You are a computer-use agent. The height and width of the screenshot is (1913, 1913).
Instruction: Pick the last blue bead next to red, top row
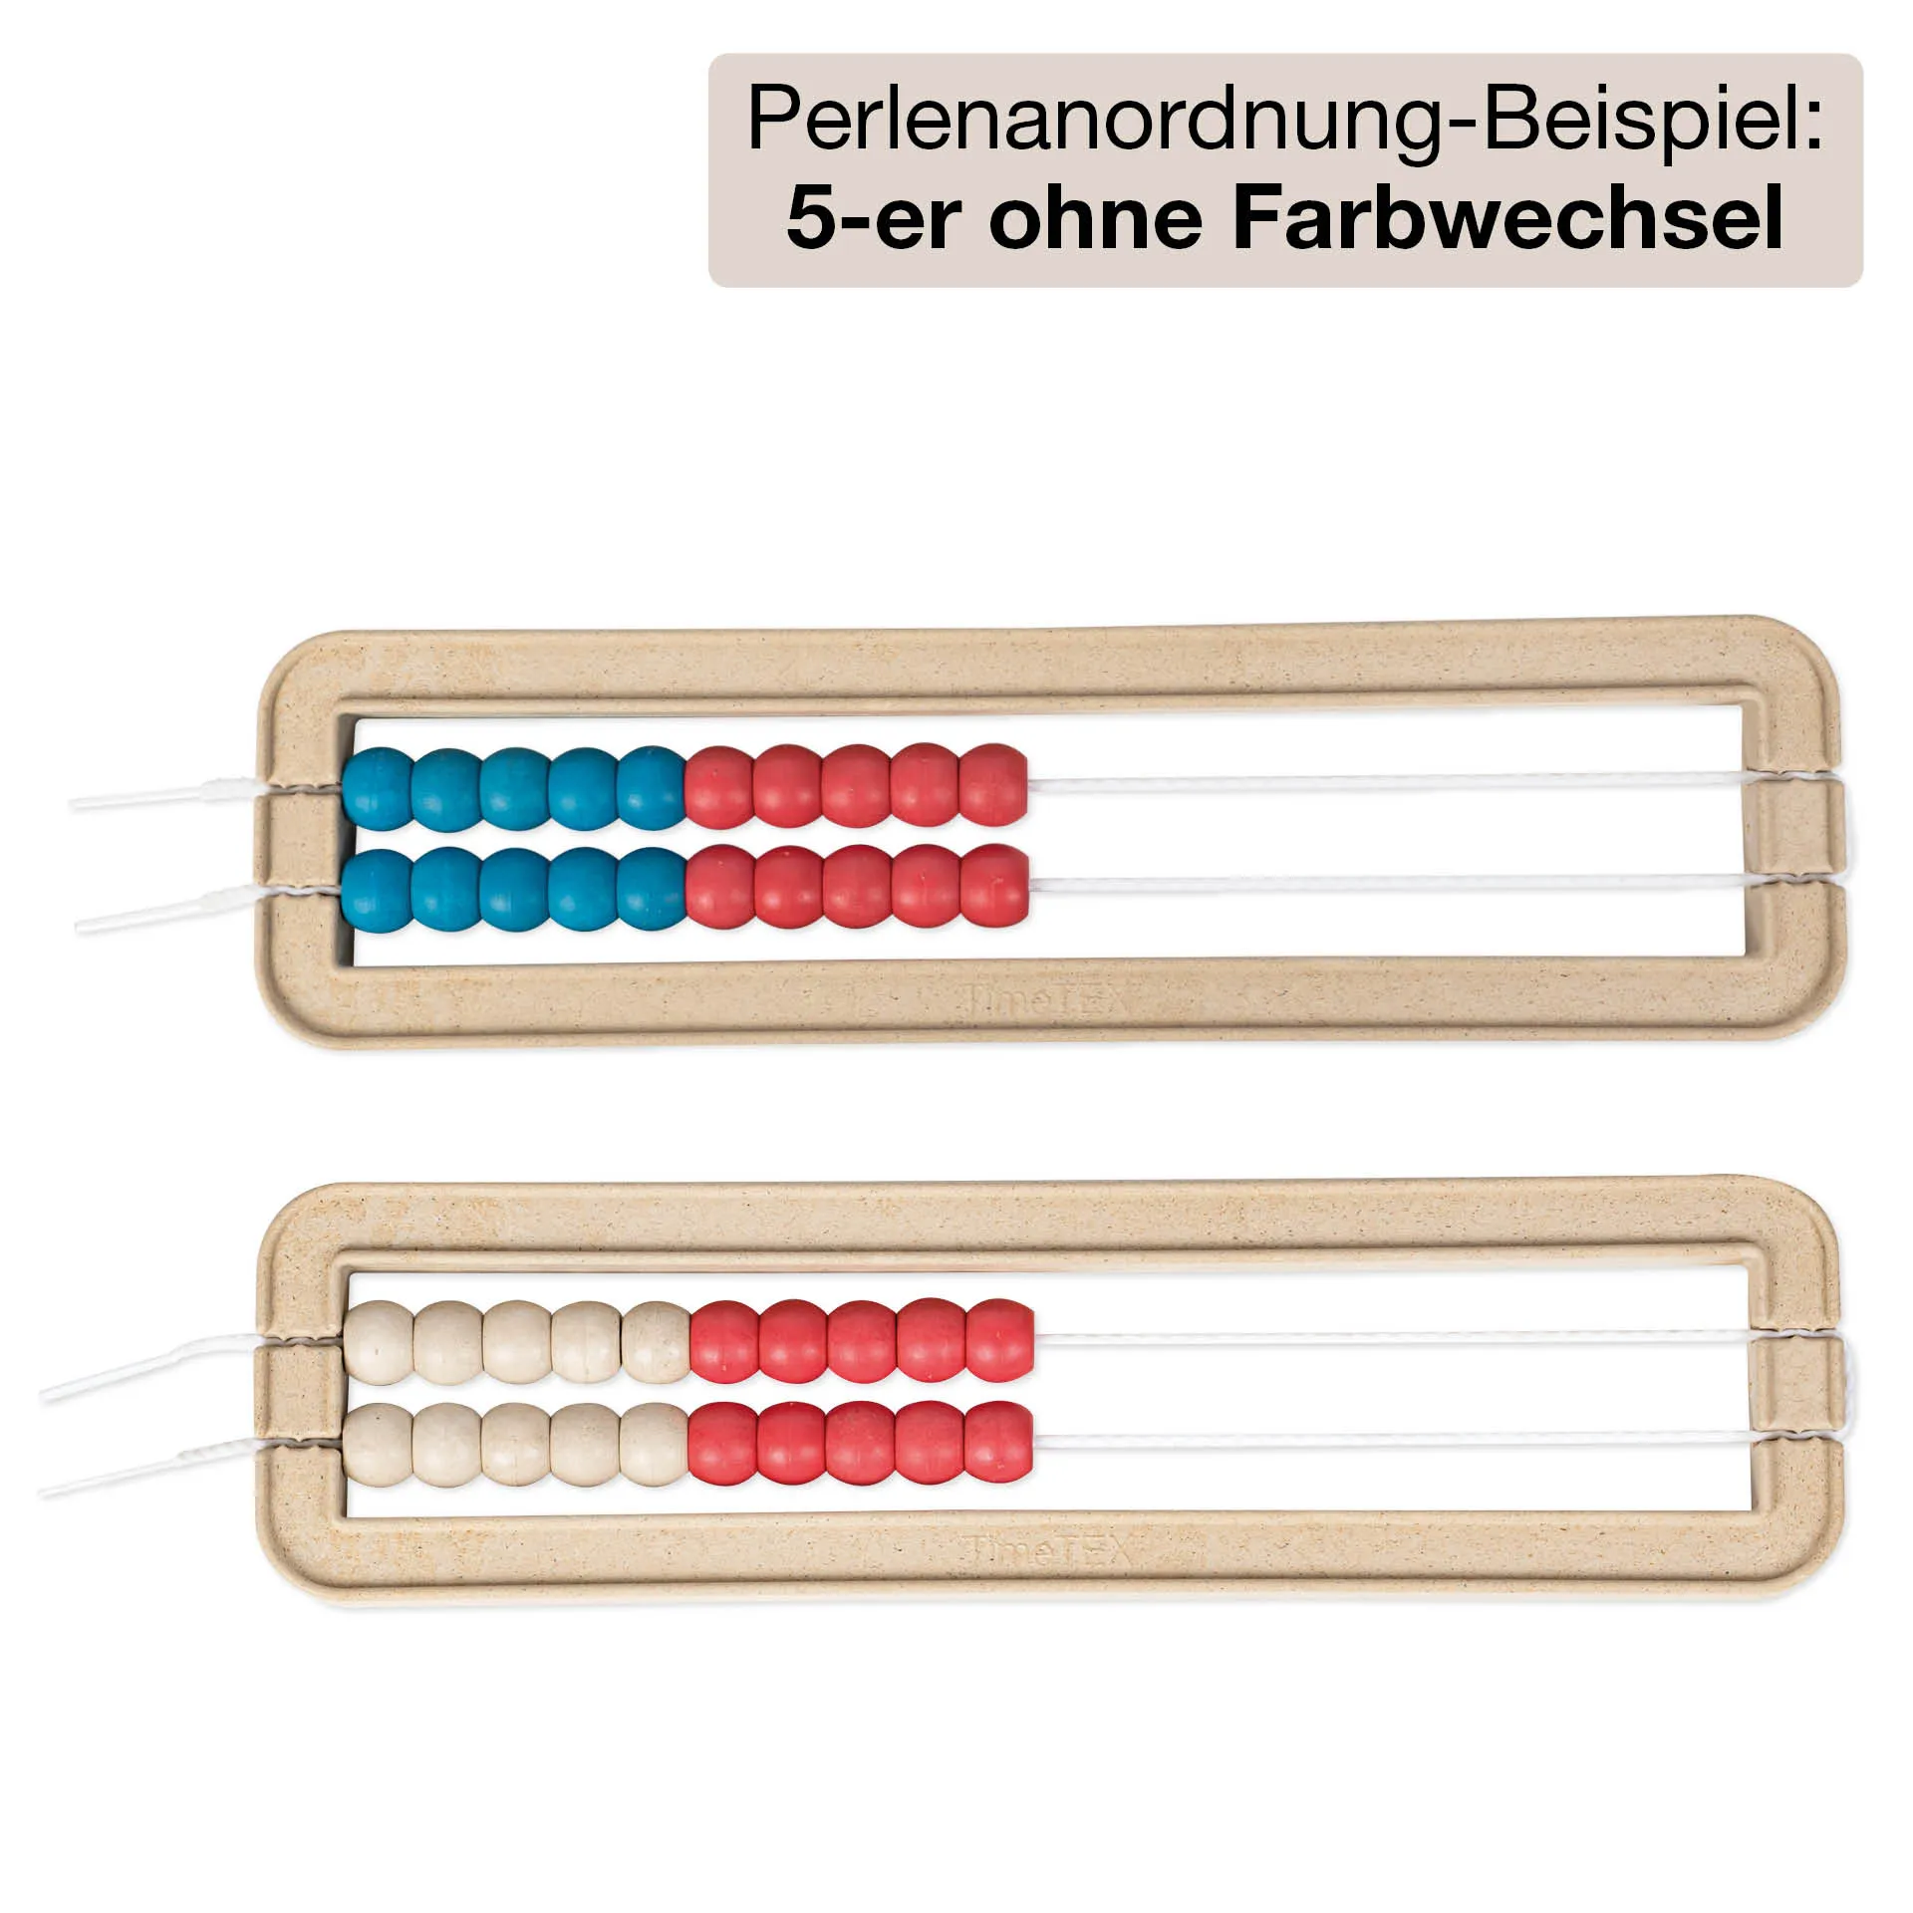[652, 787]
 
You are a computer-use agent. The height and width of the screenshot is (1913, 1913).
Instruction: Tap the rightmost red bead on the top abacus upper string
[993, 784]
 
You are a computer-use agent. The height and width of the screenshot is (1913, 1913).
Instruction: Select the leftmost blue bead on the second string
[377, 890]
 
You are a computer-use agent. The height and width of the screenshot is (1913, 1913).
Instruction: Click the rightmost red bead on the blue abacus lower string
[993, 886]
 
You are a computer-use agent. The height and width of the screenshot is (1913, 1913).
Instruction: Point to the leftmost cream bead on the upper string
[379, 1341]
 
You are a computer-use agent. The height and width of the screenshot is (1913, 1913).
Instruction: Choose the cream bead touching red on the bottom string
[654, 1444]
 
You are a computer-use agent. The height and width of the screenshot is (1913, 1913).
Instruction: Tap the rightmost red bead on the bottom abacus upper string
[1000, 1339]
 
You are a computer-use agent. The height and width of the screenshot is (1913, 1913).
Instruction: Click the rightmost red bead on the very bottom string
[997, 1441]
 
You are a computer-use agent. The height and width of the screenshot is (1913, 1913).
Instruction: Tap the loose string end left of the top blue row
[159, 796]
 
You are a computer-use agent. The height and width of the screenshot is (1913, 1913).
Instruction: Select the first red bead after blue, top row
[719, 787]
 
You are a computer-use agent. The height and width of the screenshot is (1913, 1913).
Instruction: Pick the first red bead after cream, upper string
[724, 1341]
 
